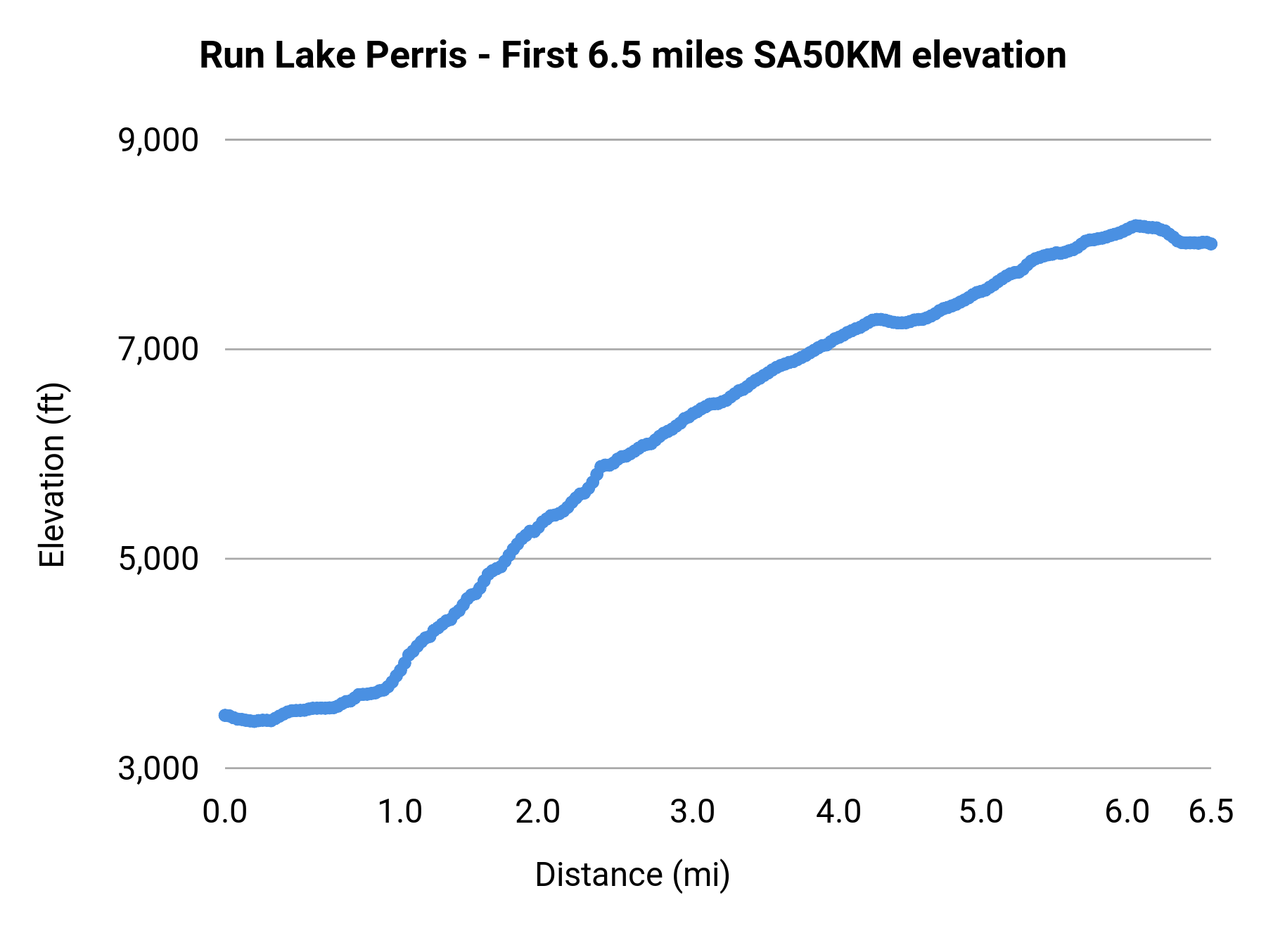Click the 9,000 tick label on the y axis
click(x=158, y=141)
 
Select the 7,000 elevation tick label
click(x=158, y=350)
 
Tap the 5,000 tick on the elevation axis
click(x=158, y=559)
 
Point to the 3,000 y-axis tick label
click(x=158, y=768)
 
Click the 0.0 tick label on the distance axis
click(x=224, y=812)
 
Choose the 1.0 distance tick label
click(x=399, y=812)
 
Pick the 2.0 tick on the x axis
click(x=537, y=812)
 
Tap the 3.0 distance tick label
click(x=692, y=812)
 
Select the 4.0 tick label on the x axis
click(x=838, y=812)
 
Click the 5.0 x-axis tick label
click(x=981, y=812)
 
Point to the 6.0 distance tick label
click(x=1127, y=812)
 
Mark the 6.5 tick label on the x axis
click(x=1210, y=812)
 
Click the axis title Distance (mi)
click(x=632, y=875)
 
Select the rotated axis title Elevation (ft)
click(x=51, y=475)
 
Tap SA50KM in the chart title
click(x=827, y=56)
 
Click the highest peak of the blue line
click(x=1135, y=225)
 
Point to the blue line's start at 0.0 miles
click(x=224, y=715)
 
